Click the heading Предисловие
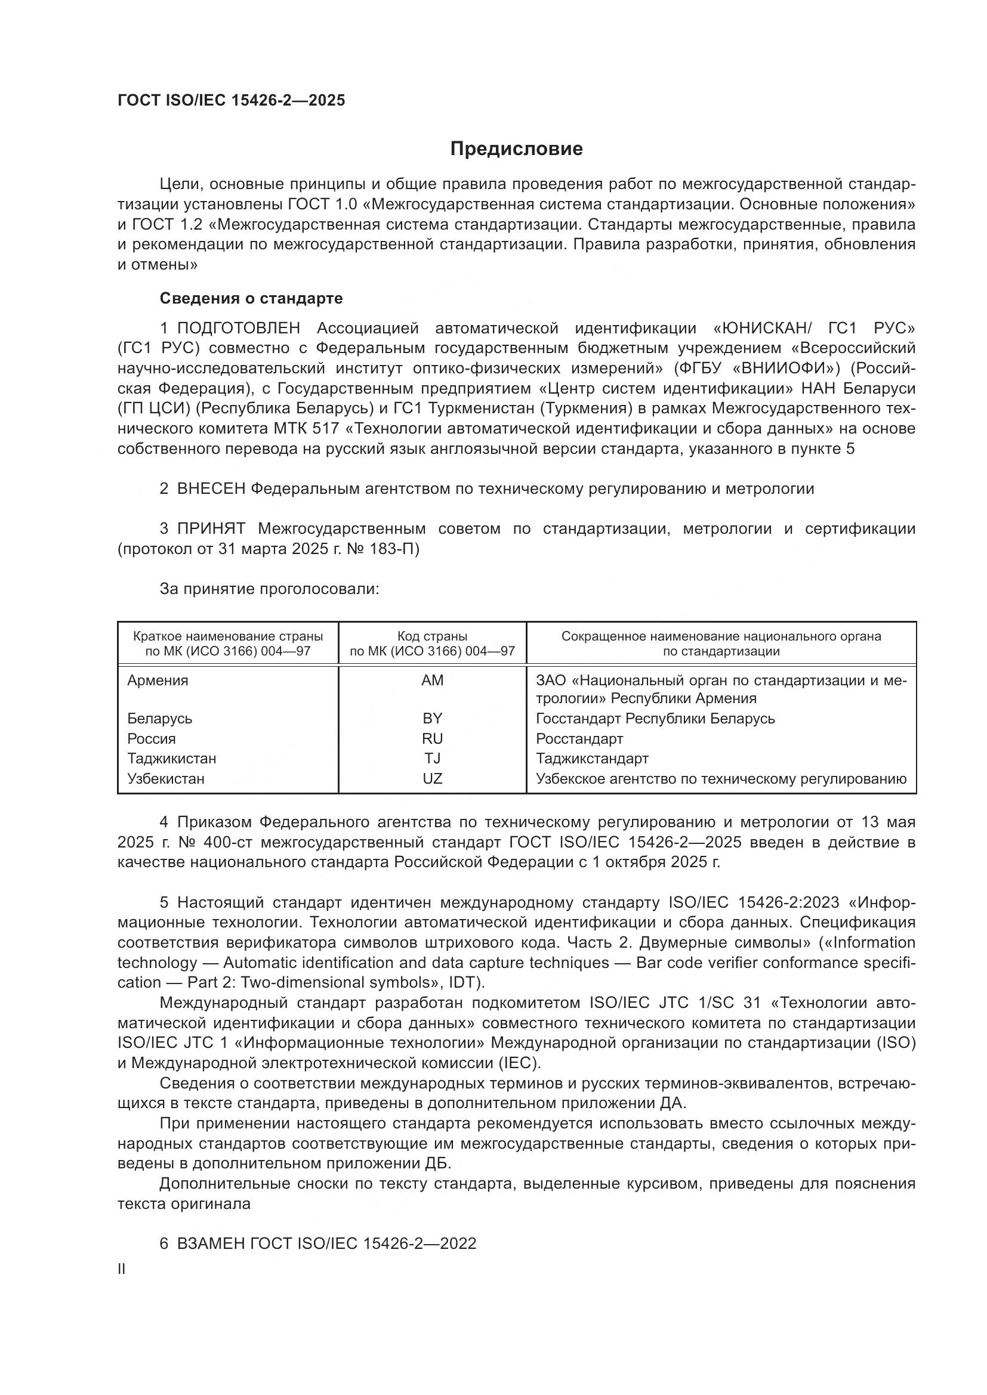[x=516, y=149]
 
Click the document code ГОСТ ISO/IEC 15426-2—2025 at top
[x=231, y=100]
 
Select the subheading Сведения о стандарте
[x=251, y=298]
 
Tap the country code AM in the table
[x=432, y=681]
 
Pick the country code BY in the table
[x=432, y=718]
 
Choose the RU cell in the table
[x=432, y=738]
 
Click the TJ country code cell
[x=432, y=758]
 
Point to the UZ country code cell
[x=432, y=778]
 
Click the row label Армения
[x=158, y=681]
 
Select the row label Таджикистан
[x=171, y=758]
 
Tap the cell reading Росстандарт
[x=579, y=738]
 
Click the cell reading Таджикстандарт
[x=592, y=758]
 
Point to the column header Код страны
[x=432, y=636]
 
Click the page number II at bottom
[x=122, y=1269]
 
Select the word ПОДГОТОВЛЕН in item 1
[x=238, y=329]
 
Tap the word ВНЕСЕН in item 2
[x=211, y=488]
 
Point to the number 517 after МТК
[x=325, y=429]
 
